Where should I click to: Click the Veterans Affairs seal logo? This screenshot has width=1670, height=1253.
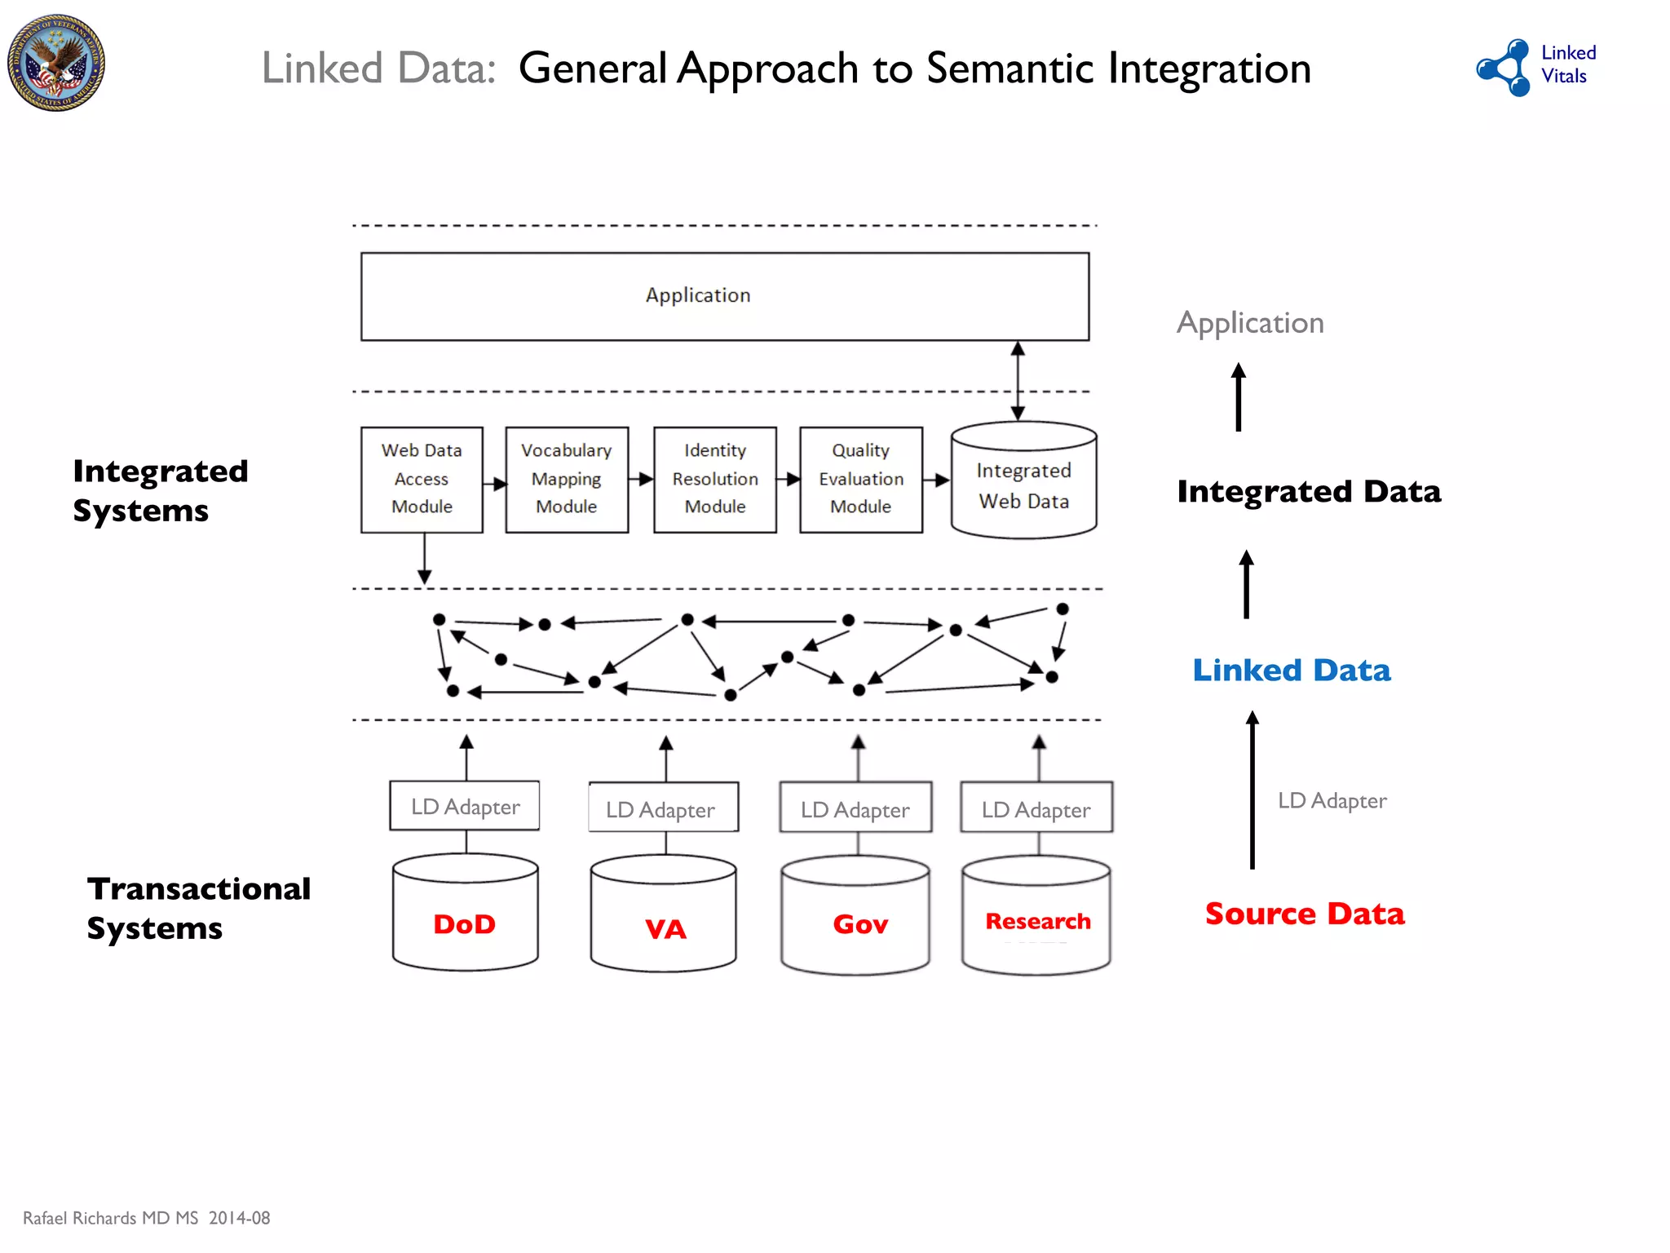pyautogui.click(x=56, y=63)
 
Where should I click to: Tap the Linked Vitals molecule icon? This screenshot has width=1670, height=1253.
pyautogui.click(x=1505, y=68)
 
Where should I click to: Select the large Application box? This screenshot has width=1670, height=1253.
pyautogui.click(x=724, y=296)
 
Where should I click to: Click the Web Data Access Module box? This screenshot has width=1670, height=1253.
pyautogui.click(x=422, y=480)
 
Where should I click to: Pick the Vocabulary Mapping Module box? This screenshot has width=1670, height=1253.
pyautogui.click(x=567, y=480)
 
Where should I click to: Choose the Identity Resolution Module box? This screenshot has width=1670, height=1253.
pyautogui.click(x=715, y=480)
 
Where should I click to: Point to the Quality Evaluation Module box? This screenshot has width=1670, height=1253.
pyautogui.click(x=861, y=480)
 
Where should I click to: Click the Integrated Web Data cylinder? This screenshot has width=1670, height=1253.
pyautogui.click(x=1024, y=481)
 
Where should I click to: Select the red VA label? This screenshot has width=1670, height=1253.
pyautogui.click(x=665, y=929)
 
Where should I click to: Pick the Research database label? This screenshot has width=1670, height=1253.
pyautogui.click(x=1037, y=922)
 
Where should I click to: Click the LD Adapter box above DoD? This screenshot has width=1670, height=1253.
pyautogui.click(x=465, y=807)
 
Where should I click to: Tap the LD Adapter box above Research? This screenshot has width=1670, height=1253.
pyautogui.click(x=1036, y=808)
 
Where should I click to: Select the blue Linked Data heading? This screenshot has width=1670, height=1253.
pyautogui.click(x=1291, y=671)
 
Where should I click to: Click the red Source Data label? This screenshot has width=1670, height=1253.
pyautogui.click(x=1305, y=914)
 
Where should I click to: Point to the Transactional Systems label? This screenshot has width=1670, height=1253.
pyautogui.click(x=198, y=908)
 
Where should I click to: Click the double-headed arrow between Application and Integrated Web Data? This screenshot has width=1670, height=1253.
pyautogui.click(x=1018, y=380)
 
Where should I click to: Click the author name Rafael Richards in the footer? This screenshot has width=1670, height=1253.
pyautogui.click(x=80, y=1218)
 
